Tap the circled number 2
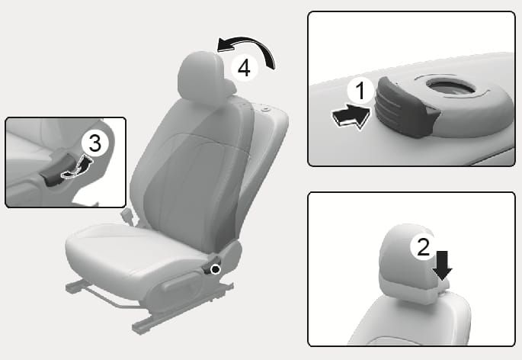423,247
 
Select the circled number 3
95,143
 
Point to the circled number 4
245,68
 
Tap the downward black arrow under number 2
443,265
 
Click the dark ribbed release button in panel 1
405,107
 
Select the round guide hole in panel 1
450,87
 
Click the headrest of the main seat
205,75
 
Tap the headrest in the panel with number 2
413,263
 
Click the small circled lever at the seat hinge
216,268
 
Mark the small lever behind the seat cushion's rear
128,216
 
